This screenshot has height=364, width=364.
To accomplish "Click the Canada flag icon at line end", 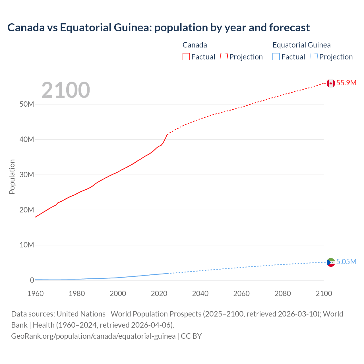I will (x=331, y=83).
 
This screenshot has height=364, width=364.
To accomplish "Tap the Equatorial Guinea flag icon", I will (x=331, y=262).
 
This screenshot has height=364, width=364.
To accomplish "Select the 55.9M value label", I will (x=346, y=83).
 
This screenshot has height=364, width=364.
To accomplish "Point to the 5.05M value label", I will (x=346, y=262).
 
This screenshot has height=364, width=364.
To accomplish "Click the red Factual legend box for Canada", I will (x=186, y=57).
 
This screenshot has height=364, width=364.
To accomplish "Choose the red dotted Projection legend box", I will (x=224, y=57).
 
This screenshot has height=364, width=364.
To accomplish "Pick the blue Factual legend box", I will (x=276, y=57).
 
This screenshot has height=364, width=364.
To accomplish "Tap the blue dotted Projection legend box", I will (x=314, y=57).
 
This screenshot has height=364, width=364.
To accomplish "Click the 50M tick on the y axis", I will (x=27, y=104).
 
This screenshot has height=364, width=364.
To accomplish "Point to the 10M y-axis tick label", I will (x=27, y=245).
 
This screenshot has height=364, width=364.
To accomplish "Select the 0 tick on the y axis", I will (x=32, y=280).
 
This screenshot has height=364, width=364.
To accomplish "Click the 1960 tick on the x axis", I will (x=36, y=293).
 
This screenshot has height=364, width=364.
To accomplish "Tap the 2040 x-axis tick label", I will (x=200, y=293).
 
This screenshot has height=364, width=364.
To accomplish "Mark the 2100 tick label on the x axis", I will (x=324, y=293).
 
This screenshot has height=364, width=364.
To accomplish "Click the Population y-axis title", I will (x=12, y=177).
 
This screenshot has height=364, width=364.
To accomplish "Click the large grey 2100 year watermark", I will (x=66, y=90).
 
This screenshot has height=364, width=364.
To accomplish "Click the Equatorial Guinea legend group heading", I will (x=301, y=45).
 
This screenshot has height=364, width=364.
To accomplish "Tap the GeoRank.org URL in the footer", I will (x=93, y=336).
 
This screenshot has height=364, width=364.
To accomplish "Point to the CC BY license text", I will (x=191, y=336).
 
